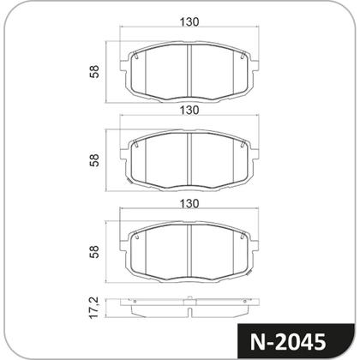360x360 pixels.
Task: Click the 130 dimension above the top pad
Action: click(189, 22)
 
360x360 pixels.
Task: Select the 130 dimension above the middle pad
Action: click(189, 111)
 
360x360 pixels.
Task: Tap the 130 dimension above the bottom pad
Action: click(189, 204)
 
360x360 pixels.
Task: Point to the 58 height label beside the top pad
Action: click(94, 72)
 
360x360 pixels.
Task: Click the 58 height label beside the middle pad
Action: click(94, 160)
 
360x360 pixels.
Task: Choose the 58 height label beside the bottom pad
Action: click(94, 252)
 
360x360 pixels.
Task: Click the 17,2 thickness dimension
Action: click(93, 308)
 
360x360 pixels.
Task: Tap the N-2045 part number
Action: click(288, 342)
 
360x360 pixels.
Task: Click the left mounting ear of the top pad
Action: click(123, 65)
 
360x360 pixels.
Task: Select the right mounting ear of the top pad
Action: click(255, 65)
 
